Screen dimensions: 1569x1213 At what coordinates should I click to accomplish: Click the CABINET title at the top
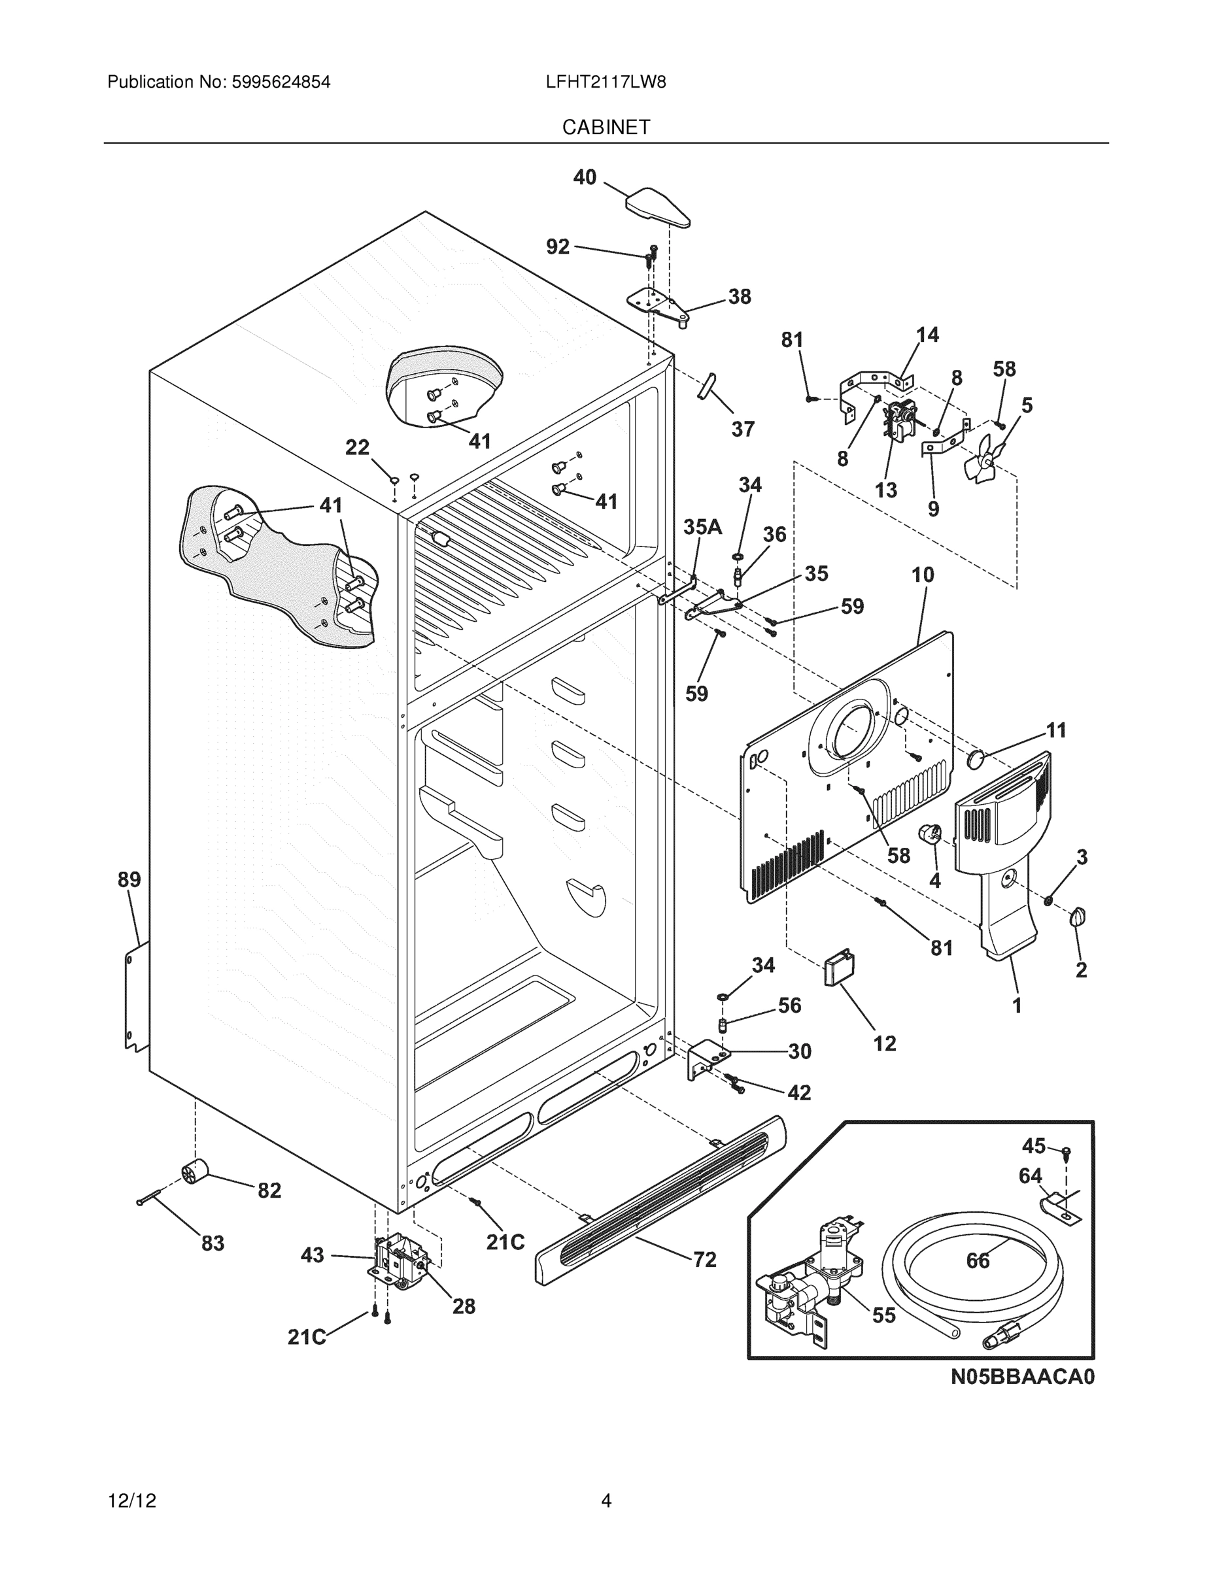point(606,127)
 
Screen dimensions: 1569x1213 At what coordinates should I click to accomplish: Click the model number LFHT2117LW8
point(605,82)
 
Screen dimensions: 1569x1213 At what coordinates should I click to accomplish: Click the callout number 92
point(558,247)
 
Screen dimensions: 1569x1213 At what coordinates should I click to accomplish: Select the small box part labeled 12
point(838,968)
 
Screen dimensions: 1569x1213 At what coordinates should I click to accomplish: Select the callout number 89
point(129,879)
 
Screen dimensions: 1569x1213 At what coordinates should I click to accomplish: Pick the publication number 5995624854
point(281,82)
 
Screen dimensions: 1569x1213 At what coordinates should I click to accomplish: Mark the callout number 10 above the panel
point(923,575)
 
